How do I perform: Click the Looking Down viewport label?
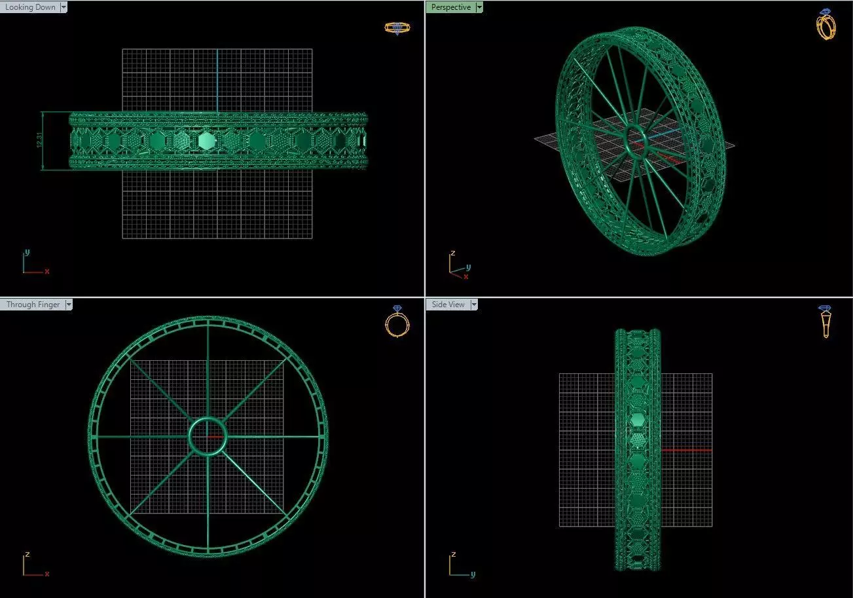30,7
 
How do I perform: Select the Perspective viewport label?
450,7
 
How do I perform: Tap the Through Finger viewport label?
33,305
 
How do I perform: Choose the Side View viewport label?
448,305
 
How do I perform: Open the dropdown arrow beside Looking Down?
64,7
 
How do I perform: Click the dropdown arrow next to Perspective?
479,7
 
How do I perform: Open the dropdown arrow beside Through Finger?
69,305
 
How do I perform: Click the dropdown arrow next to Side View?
474,305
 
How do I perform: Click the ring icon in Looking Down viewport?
397,28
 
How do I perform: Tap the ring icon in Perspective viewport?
826,25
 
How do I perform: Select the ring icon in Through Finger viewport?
397,322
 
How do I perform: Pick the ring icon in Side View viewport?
826,322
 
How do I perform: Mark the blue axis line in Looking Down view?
217,79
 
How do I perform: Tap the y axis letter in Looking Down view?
27,252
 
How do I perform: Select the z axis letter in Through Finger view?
27,554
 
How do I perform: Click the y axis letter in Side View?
472,574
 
